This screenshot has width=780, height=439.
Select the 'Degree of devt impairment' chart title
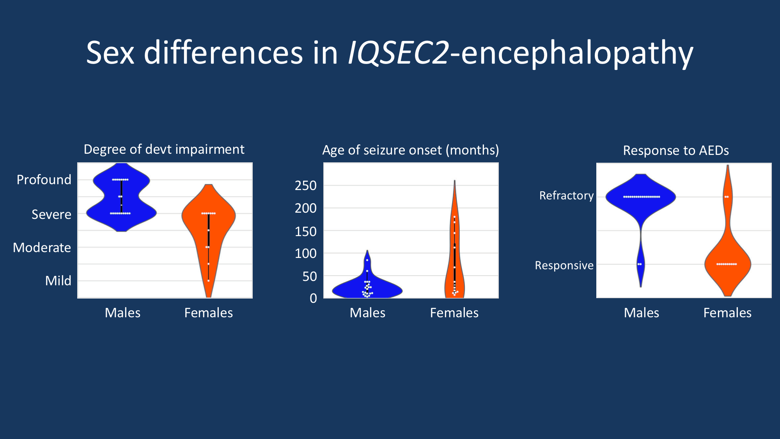point(164,149)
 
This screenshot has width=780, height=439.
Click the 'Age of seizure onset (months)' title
point(410,150)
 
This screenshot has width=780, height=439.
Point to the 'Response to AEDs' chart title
point(675,151)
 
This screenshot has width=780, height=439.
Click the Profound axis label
point(44,180)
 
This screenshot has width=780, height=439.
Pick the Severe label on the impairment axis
point(51,215)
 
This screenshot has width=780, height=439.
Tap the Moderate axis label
point(42,248)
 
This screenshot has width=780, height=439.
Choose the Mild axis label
point(58,281)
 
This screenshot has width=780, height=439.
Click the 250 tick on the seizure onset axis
point(306,186)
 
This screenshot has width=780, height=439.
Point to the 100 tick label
point(306,254)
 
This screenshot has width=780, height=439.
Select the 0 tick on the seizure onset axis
point(313,299)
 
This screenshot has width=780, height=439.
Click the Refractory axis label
point(566,196)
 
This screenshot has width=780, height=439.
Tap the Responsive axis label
point(564,265)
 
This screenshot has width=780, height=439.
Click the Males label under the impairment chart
point(122,313)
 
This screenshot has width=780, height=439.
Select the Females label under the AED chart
point(727,313)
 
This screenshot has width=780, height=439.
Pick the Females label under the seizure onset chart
point(454,313)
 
